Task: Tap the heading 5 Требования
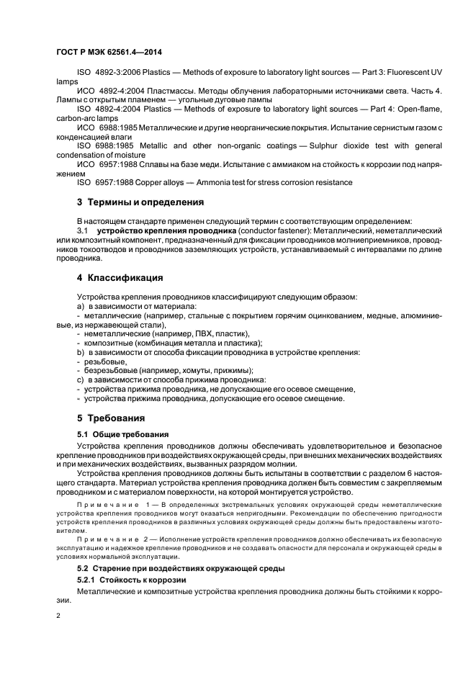pos(111,418)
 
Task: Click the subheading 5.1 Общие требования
pos(122,434)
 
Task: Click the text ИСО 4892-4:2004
pos(109,91)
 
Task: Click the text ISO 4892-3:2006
pos(109,73)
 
